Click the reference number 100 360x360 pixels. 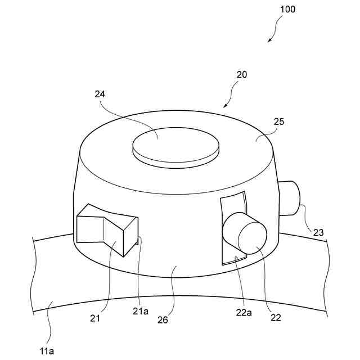[287, 10]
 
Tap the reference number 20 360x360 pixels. [241, 74]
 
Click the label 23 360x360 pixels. [318, 231]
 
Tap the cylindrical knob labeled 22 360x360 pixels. [245, 232]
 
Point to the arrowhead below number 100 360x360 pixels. [270, 40]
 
